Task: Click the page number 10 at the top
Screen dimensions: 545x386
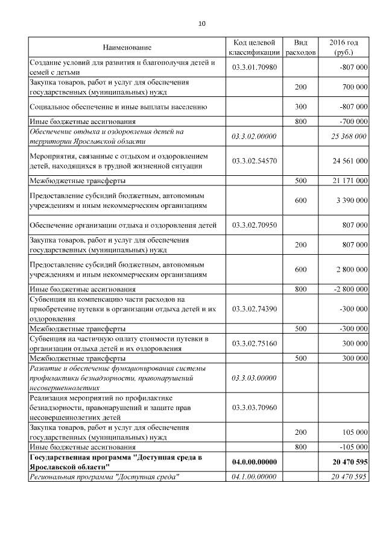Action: click(x=202, y=24)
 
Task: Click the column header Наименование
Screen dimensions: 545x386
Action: click(x=127, y=48)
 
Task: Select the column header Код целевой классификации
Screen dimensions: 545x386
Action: click(x=254, y=48)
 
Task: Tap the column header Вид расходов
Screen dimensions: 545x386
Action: click(x=300, y=48)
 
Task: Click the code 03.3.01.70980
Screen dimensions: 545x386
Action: click(x=254, y=67)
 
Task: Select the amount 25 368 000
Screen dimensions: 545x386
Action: click(x=349, y=137)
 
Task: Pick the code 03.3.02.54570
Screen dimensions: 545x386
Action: click(x=254, y=161)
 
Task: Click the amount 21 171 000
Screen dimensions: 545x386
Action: click(x=349, y=181)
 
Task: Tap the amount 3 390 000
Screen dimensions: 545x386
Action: click(x=350, y=201)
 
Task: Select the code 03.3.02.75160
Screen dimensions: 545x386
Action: click(x=254, y=343)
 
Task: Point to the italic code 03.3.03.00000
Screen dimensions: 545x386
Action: click(x=254, y=378)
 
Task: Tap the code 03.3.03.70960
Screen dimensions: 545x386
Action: click(x=254, y=408)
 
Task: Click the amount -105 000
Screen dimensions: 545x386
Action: click(x=352, y=447)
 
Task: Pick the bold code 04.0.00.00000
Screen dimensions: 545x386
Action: click(x=254, y=462)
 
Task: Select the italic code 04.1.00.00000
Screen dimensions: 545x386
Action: click(x=254, y=477)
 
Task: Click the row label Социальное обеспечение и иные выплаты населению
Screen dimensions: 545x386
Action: click(x=118, y=107)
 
